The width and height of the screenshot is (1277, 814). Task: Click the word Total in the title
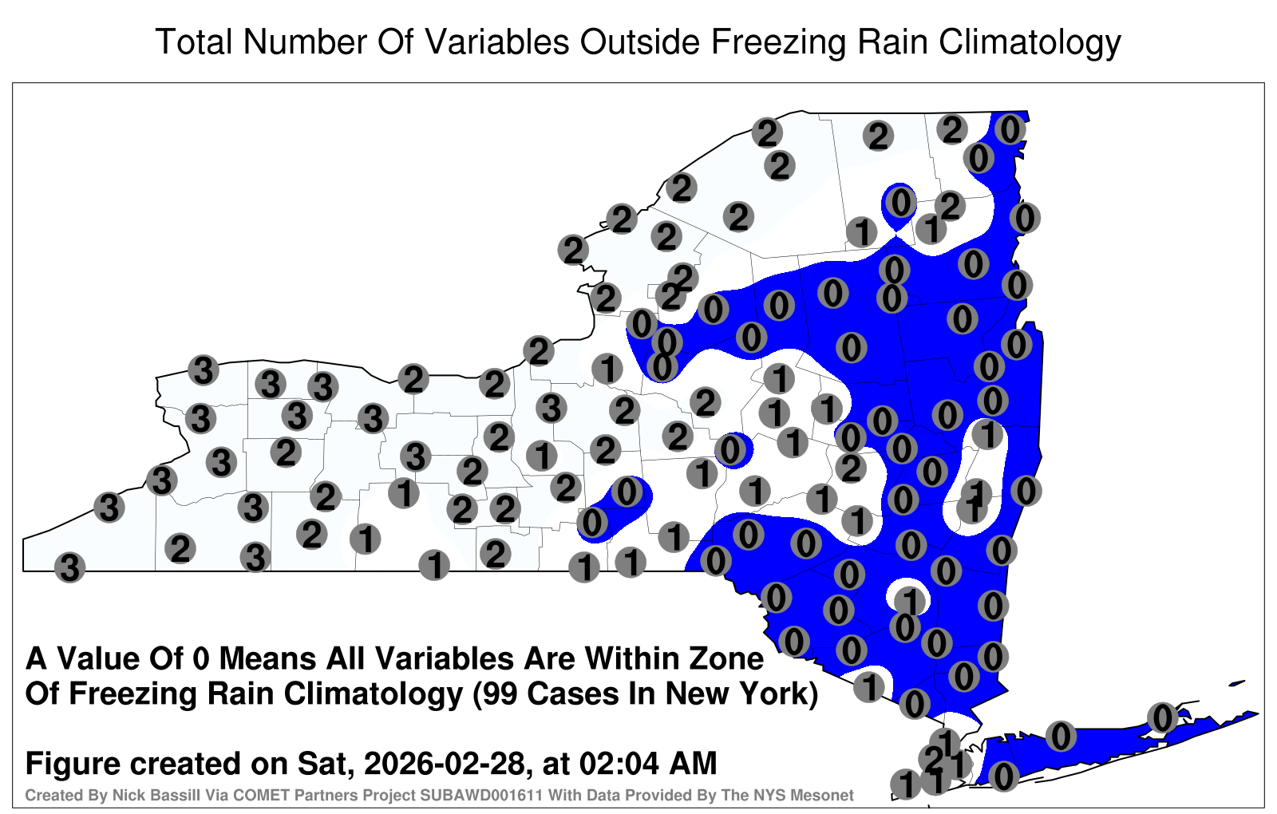[194, 41]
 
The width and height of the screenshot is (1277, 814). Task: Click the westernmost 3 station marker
[69, 567]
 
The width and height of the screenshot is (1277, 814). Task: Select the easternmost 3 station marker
[552, 408]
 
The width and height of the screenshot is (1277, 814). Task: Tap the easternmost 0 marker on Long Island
[1162, 717]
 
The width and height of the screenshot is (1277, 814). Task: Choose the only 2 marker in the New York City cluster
[933, 759]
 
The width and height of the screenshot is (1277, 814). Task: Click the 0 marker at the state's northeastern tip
[1010, 130]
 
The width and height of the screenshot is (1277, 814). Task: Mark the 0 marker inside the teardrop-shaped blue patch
[901, 203]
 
